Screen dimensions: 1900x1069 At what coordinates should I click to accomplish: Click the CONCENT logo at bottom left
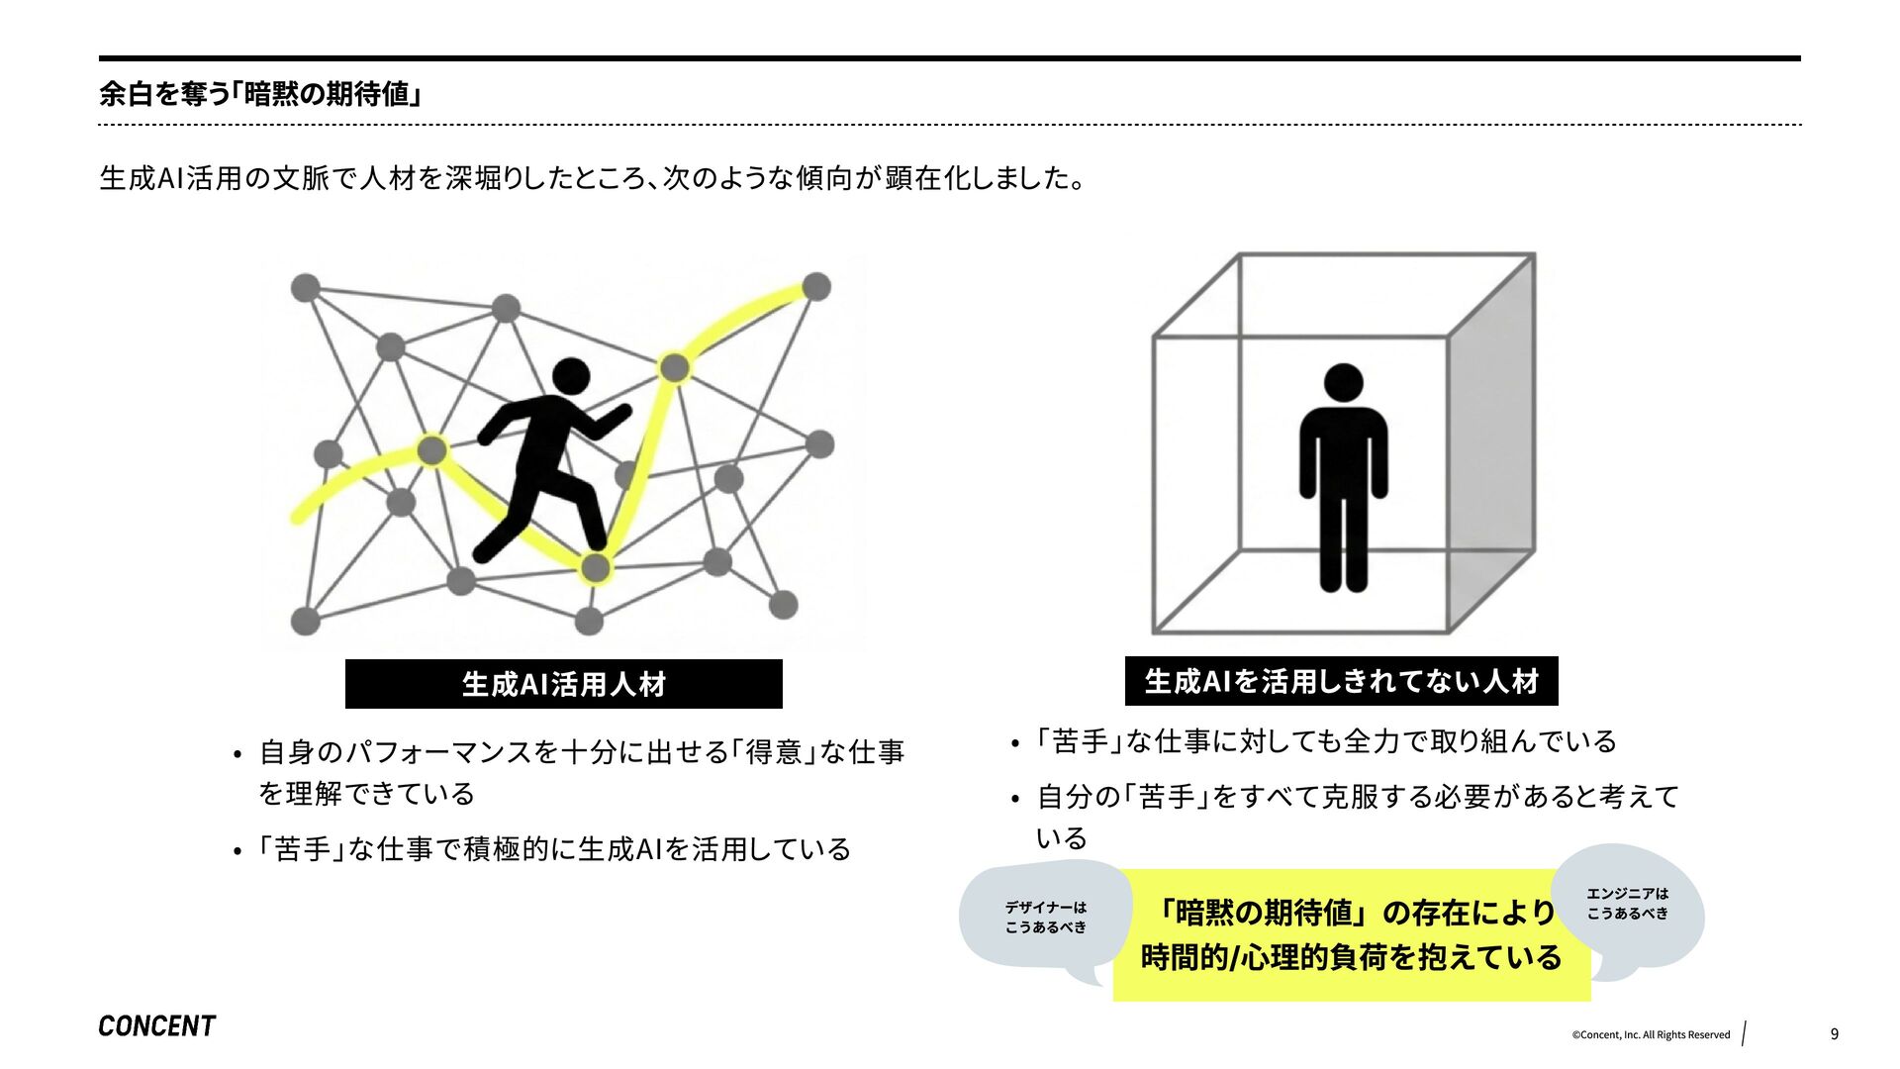(156, 1026)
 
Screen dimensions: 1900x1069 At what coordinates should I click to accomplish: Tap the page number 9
(1834, 1034)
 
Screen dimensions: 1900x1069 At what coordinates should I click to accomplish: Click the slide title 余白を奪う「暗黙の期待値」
(261, 94)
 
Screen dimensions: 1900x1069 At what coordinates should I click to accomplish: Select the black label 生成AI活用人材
(563, 684)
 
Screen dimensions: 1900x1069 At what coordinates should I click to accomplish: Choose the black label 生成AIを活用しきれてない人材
(1341, 681)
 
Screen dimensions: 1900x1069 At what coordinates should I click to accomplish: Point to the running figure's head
(570, 376)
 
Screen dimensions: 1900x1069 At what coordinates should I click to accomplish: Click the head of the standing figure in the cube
(1343, 382)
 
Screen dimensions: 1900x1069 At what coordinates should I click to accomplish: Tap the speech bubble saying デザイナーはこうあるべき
(1045, 918)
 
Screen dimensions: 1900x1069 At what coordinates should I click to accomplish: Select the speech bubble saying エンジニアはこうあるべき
(1627, 904)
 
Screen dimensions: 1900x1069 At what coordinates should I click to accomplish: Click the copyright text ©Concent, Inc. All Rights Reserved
(1651, 1035)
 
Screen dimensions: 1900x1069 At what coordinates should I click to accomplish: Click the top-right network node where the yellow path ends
(815, 287)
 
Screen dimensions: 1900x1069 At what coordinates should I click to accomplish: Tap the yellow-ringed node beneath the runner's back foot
(595, 568)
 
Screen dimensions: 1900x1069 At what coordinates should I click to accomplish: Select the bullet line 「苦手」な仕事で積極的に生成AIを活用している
(554, 849)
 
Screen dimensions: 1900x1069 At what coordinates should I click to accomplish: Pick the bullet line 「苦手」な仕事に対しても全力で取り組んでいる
(1326, 741)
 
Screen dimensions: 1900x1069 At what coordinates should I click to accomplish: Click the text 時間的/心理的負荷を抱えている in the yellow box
(1351, 958)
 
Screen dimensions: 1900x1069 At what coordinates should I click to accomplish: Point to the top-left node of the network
(306, 288)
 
